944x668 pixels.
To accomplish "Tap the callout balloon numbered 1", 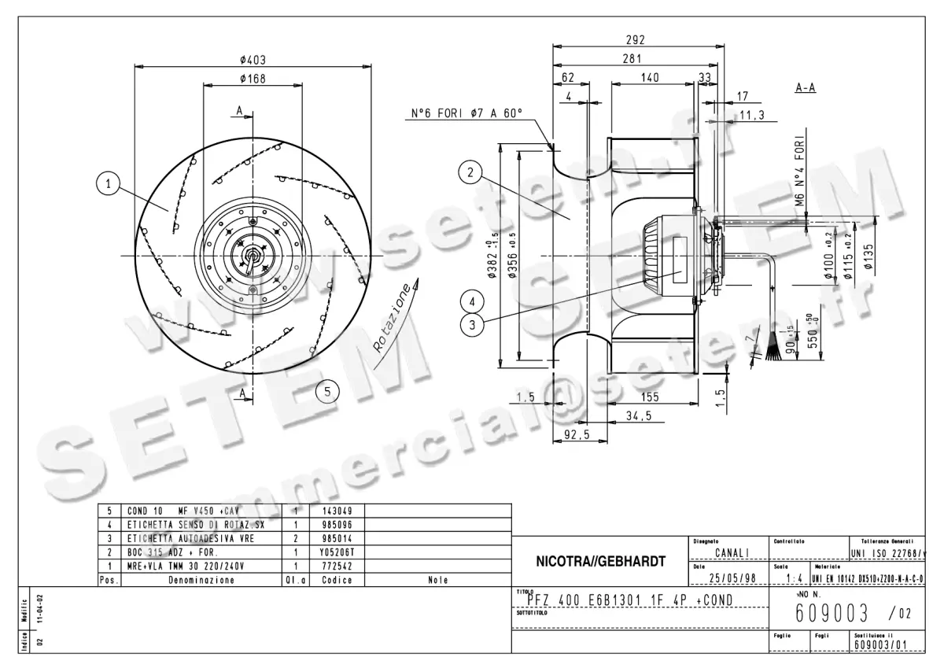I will click(108, 184).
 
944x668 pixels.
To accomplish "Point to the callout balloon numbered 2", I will click(470, 173).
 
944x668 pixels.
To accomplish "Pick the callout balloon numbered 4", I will click(470, 301).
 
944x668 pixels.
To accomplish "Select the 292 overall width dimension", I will click(635, 40).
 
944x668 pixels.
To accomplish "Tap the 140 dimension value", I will click(650, 78).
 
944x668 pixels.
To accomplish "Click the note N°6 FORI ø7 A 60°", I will click(466, 113).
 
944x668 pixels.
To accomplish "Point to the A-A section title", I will click(805, 88).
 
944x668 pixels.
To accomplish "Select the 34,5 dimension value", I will click(638, 416).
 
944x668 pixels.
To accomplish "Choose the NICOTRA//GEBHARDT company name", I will click(601, 562).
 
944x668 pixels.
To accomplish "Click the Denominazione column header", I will click(201, 580).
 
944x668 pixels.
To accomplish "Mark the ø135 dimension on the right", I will click(868, 255).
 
